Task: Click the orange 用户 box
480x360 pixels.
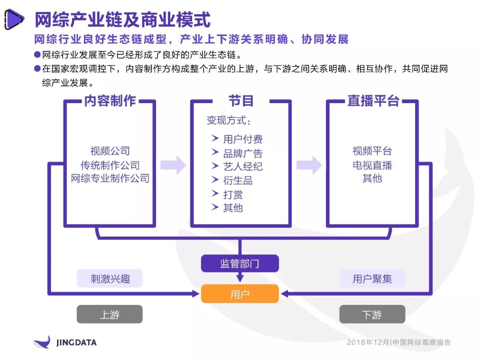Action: point(240,294)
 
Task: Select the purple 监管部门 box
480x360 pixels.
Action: point(240,263)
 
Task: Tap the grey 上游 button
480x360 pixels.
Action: point(110,314)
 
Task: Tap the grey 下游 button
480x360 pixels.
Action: point(372,314)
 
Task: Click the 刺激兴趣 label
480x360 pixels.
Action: point(110,278)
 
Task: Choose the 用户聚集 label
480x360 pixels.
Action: point(372,278)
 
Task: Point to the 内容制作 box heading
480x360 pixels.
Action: point(110,101)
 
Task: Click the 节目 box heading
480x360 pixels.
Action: point(241,101)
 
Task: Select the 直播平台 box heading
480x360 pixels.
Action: point(373,101)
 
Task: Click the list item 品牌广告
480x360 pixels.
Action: point(243,153)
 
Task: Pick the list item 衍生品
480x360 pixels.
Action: point(238,180)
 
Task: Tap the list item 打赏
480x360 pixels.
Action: point(233,194)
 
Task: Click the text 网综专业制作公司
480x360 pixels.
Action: point(110,178)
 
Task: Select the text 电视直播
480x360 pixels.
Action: point(372,165)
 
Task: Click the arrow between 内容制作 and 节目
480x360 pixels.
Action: point(173,165)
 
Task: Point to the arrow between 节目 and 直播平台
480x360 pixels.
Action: point(309,165)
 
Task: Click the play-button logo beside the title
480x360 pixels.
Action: point(14,20)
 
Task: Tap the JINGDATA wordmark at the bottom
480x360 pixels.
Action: point(76,343)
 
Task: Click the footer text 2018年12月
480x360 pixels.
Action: point(368,342)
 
